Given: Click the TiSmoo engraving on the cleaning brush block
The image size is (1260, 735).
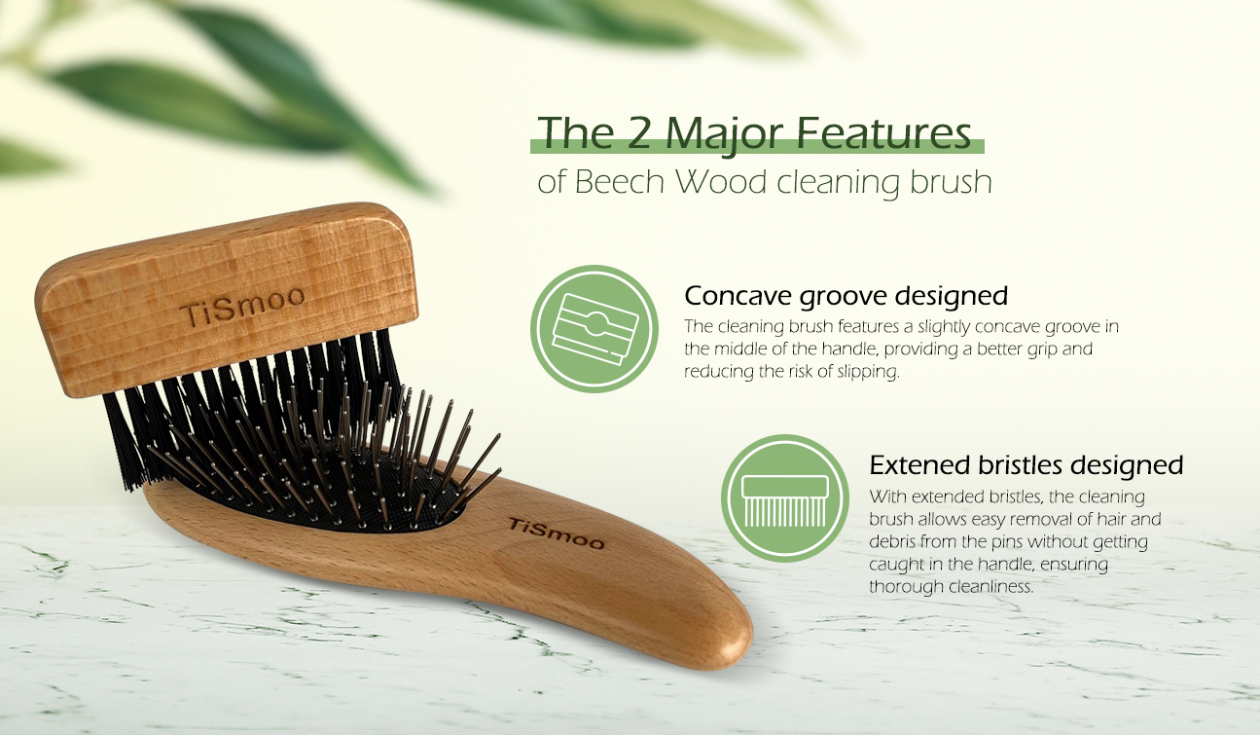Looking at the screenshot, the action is [x=242, y=307].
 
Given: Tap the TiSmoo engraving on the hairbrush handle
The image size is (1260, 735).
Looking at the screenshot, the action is [x=556, y=533].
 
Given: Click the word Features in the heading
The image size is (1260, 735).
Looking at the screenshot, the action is [x=884, y=132].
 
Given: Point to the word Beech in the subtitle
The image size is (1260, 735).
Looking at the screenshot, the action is [x=620, y=182].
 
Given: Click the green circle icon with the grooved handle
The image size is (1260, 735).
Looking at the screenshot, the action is [x=594, y=329].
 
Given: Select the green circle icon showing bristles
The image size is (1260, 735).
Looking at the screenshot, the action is [x=785, y=498].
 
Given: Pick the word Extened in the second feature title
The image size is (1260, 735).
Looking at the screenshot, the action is [x=919, y=465].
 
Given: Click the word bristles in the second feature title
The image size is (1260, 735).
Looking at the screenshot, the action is [x=1020, y=465].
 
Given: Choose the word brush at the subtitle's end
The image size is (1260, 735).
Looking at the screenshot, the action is [x=951, y=182].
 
